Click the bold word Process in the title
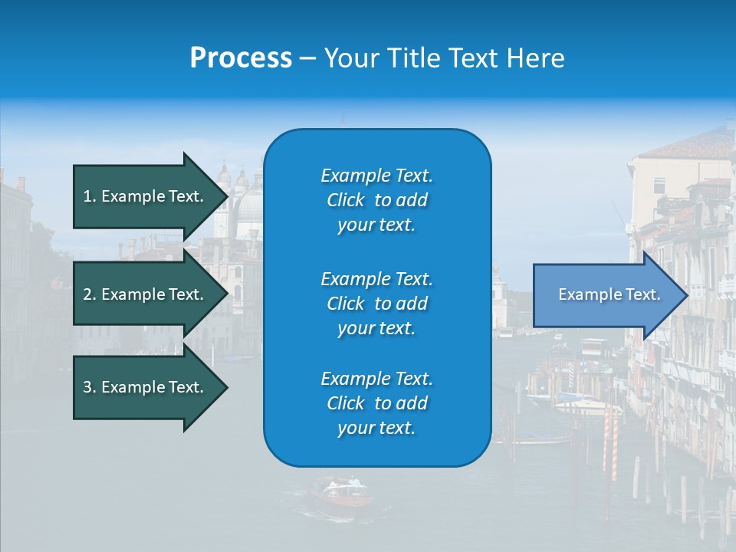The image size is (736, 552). point(241,58)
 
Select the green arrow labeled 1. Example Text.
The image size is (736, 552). point(146,196)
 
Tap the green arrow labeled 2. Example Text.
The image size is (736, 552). point(146,294)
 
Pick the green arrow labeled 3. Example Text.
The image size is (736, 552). point(146,388)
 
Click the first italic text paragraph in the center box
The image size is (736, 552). point(376,200)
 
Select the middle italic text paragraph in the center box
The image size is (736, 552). point(376,304)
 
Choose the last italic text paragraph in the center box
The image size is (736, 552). point(376,403)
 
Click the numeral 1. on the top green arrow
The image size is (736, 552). point(90,196)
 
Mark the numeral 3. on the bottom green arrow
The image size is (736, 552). point(90,388)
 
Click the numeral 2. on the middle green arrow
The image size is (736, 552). point(90,294)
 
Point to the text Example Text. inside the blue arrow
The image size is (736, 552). point(609,295)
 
